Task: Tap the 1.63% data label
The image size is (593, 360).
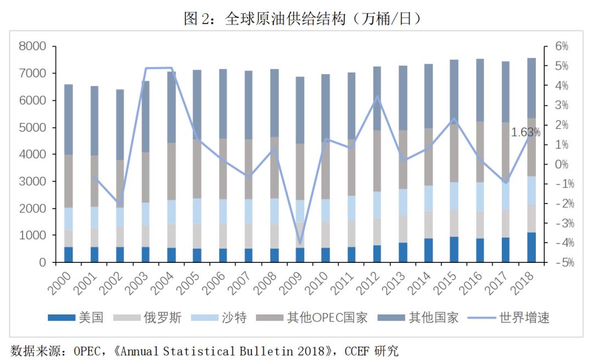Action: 525,132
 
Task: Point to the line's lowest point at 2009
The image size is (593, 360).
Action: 300,243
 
